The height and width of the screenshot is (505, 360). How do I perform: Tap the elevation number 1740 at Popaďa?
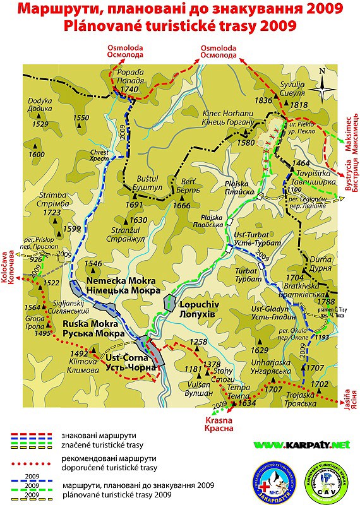pyautogui.click(x=129, y=90)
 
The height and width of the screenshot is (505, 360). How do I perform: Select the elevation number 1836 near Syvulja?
pyautogui.click(x=263, y=100)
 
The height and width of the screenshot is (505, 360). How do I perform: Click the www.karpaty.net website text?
pyautogui.click(x=302, y=445)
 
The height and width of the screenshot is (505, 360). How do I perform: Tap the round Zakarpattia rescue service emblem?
pyautogui.click(x=273, y=477)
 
